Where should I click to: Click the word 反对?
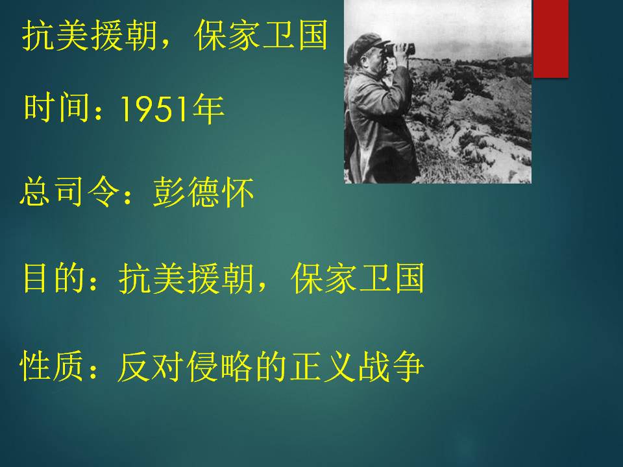point(149,366)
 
